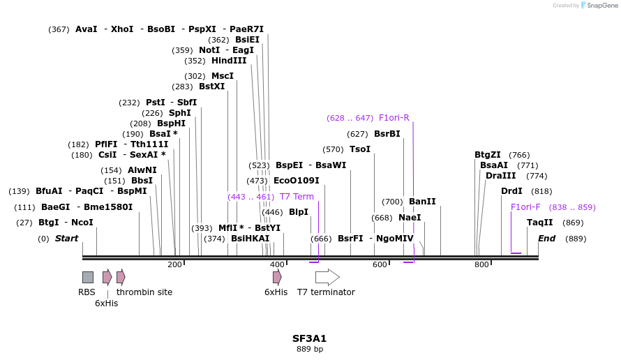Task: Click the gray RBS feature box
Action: pyautogui.click(x=88, y=277)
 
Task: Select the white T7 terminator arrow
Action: pyautogui.click(x=327, y=277)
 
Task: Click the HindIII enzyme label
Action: pyautogui.click(x=229, y=61)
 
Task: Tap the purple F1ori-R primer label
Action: pyautogui.click(x=394, y=118)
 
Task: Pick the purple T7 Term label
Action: pyautogui.click(x=297, y=197)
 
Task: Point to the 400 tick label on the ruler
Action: pyautogui.click(x=277, y=264)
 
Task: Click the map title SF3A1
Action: pyautogui.click(x=309, y=338)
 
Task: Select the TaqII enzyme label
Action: pyautogui.click(x=539, y=223)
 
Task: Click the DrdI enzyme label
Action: pyautogui.click(x=511, y=191)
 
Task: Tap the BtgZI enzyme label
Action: pyautogui.click(x=488, y=155)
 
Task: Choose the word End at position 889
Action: pyautogui.click(x=546, y=239)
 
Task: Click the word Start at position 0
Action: pyautogui.click(x=66, y=239)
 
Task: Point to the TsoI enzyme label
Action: pyautogui.click(x=360, y=149)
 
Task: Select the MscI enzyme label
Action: pyautogui.click(x=223, y=76)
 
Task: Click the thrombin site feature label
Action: pyautogui.click(x=144, y=292)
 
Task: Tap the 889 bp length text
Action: pyautogui.click(x=310, y=349)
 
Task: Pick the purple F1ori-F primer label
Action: pyautogui.click(x=525, y=207)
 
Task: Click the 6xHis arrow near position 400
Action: pyautogui.click(x=277, y=277)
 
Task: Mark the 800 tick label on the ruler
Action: pyautogui.click(x=481, y=264)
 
